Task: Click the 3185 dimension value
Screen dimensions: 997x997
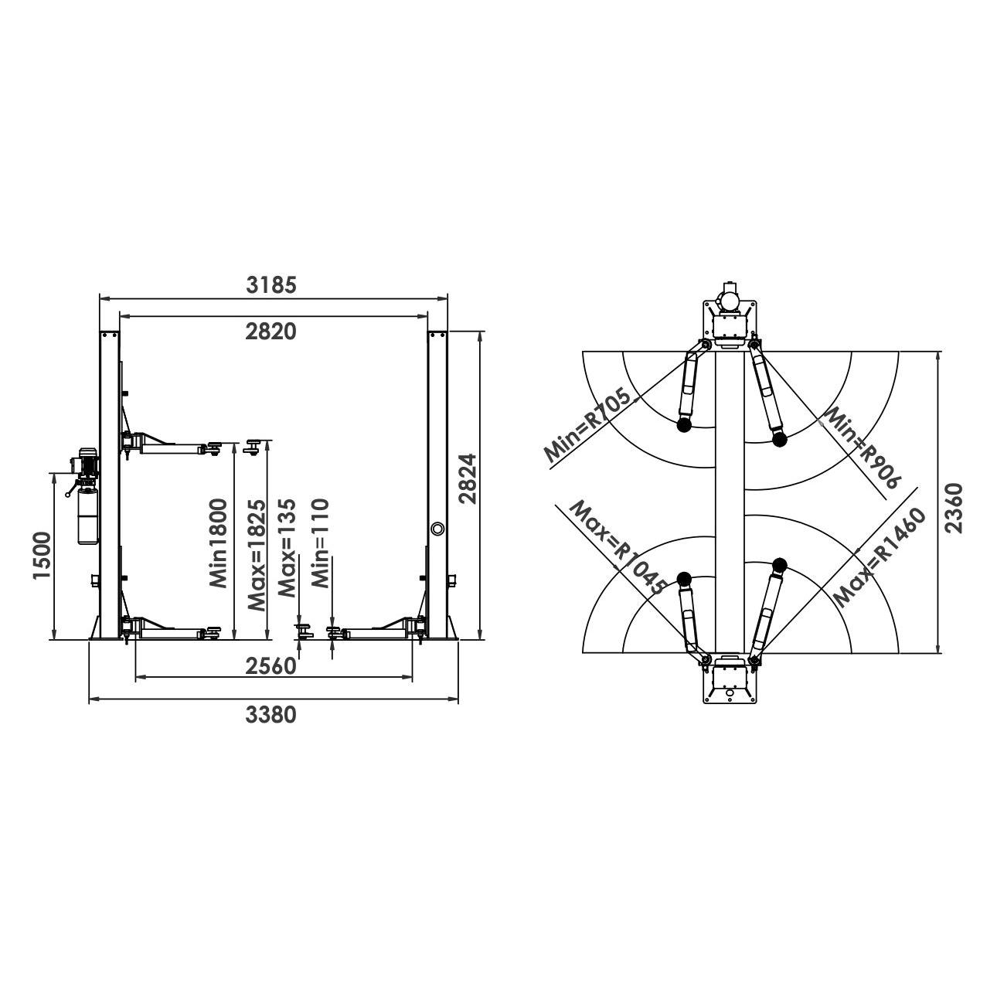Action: point(271,285)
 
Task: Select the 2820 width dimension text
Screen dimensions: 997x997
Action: point(271,332)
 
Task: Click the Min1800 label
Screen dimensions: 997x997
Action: point(218,543)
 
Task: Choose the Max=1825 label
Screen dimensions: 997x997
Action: point(257,555)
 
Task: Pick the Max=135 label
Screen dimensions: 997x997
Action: point(287,547)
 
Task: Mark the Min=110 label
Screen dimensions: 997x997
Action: point(321,543)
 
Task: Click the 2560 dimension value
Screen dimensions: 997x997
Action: point(271,666)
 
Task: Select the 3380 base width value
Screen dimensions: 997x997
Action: point(271,716)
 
